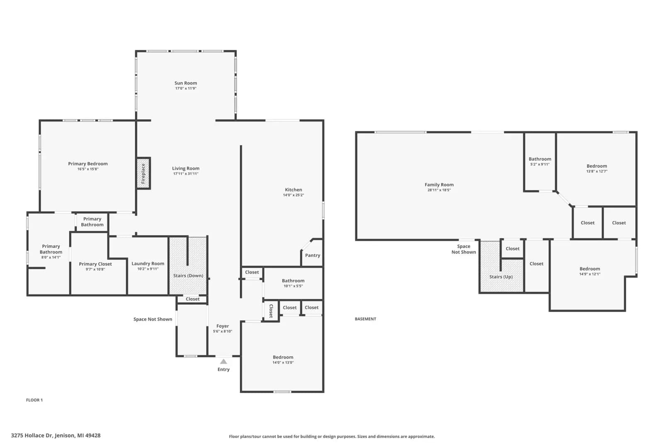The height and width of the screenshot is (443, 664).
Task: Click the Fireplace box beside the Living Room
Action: tap(144, 173)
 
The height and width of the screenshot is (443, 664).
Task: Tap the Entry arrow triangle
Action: tap(224, 362)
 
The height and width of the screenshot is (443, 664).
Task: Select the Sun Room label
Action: tap(186, 83)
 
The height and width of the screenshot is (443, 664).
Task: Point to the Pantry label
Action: tap(312, 255)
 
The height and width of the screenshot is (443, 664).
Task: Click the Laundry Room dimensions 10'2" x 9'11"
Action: tap(148, 269)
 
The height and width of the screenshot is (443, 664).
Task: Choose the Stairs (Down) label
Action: tap(188, 276)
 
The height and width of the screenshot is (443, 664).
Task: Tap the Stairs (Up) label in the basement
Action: tap(501, 277)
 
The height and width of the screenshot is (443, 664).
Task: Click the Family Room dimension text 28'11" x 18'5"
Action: tap(439, 190)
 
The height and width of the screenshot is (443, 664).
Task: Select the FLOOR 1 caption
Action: tap(34, 400)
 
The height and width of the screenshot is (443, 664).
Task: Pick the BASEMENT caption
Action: tap(366, 319)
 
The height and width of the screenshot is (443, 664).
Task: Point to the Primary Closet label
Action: tap(95, 264)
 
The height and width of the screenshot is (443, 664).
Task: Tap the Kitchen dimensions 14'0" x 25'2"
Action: tap(293, 195)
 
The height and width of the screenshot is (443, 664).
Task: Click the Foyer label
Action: tap(222, 326)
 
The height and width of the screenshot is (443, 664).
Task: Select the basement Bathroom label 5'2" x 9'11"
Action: tap(540, 162)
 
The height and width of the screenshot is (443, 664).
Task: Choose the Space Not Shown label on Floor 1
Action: tap(153, 319)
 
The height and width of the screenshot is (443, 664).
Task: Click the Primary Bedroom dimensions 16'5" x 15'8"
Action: tap(88, 169)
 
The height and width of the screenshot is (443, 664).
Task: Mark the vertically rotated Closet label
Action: tap(271, 311)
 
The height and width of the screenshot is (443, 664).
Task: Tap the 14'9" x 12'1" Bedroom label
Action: tap(590, 271)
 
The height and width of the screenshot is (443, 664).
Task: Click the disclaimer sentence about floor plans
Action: tap(332, 436)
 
